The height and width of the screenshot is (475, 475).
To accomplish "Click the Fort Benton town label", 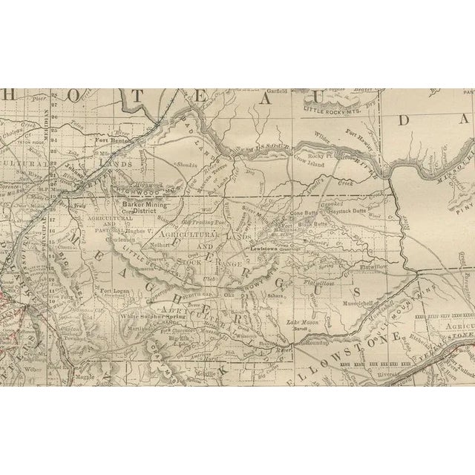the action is tap(114, 139).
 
